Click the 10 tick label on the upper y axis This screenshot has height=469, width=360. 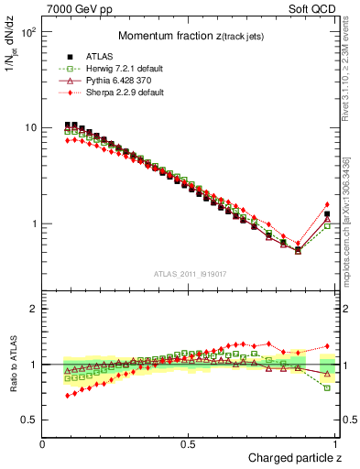[x=30, y=127]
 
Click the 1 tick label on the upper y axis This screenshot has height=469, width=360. [x=34, y=224]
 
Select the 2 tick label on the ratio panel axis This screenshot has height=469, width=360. [x=34, y=310]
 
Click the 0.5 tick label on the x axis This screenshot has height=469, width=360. [x=189, y=442]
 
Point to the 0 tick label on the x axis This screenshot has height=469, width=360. [x=43, y=442]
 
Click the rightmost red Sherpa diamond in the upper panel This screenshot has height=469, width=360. [x=327, y=204]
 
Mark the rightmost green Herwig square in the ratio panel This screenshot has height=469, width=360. [x=327, y=387]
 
